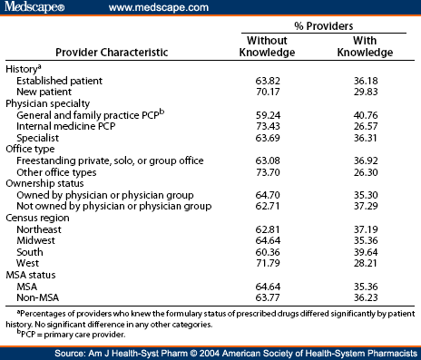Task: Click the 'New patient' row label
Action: (43, 91)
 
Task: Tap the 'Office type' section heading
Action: (31, 150)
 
